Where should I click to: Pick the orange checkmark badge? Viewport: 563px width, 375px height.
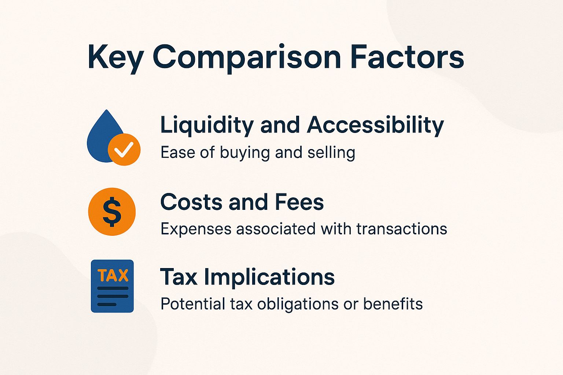(124, 149)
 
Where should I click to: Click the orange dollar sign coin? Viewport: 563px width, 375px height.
(112, 212)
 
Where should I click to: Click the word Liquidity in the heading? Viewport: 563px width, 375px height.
(207, 126)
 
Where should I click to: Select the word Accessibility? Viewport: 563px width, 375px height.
(375, 125)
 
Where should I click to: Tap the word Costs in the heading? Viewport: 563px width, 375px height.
(191, 202)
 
